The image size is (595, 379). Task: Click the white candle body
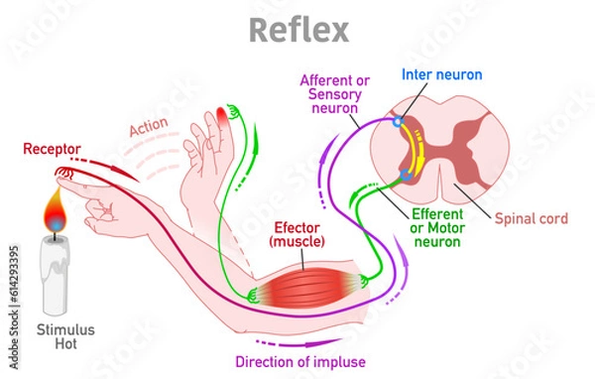tap(58, 273)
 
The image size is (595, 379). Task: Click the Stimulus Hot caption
tap(59, 336)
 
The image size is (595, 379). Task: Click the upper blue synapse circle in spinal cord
tap(399, 123)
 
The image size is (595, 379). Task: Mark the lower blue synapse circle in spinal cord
tap(405, 176)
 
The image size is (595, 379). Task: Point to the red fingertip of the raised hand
tap(219, 121)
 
